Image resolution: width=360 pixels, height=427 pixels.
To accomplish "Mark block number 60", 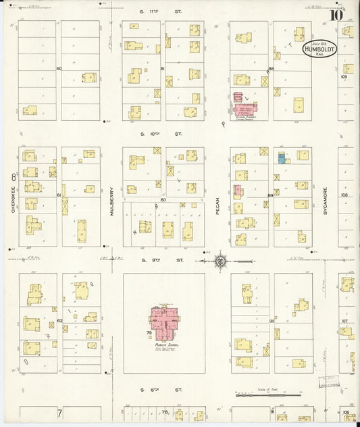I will click(59, 69).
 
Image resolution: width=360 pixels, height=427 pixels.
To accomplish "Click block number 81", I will click(163, 69).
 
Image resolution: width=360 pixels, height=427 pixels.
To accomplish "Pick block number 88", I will click(271, 69).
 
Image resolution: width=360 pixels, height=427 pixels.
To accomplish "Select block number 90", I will click(272, 321).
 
